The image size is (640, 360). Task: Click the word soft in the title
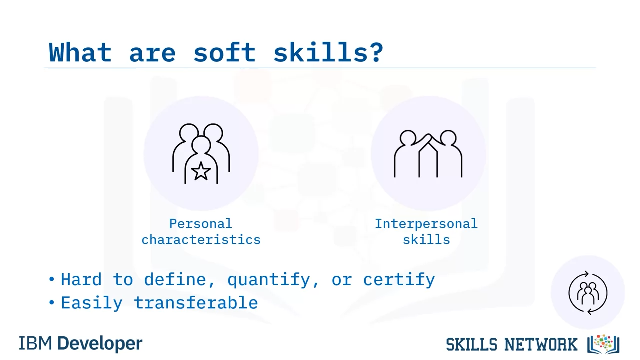[x=224, y=52]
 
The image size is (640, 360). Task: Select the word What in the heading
[x=80, y=52]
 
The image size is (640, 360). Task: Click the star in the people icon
[x=201, y=171]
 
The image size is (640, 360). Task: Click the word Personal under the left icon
[x=201, y=223]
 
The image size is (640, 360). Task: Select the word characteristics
[x=201, y=239]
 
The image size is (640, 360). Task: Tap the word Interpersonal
[x=426, y=223]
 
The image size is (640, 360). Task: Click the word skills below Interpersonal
[x=426, y=239]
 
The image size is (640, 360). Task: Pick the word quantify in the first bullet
[x=269, y=279]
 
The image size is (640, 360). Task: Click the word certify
[x=399, y=279]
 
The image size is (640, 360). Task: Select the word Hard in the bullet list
[x=81, y=279]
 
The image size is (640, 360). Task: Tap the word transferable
[x=196, y=303]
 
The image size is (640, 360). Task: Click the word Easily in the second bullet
[x=92, y=303]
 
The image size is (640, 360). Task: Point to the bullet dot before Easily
[x=51, y=302]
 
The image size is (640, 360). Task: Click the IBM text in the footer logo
[x=35, y=343]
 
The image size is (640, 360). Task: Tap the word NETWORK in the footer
[x=541, y=344]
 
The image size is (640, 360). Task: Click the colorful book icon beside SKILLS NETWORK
[x=603, y=344]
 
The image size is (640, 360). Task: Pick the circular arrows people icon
[x=588, y=293]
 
